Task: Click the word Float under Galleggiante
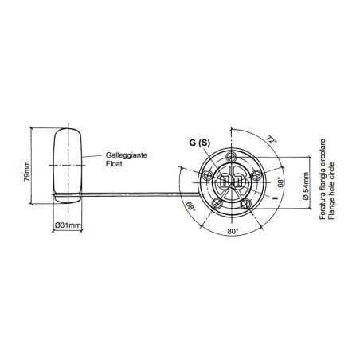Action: click(x=114, y=165)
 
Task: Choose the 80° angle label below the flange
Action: click(x=232, y=231)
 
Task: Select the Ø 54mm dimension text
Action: click(x=307, y=181)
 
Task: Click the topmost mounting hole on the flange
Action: click(x=231, y=155)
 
